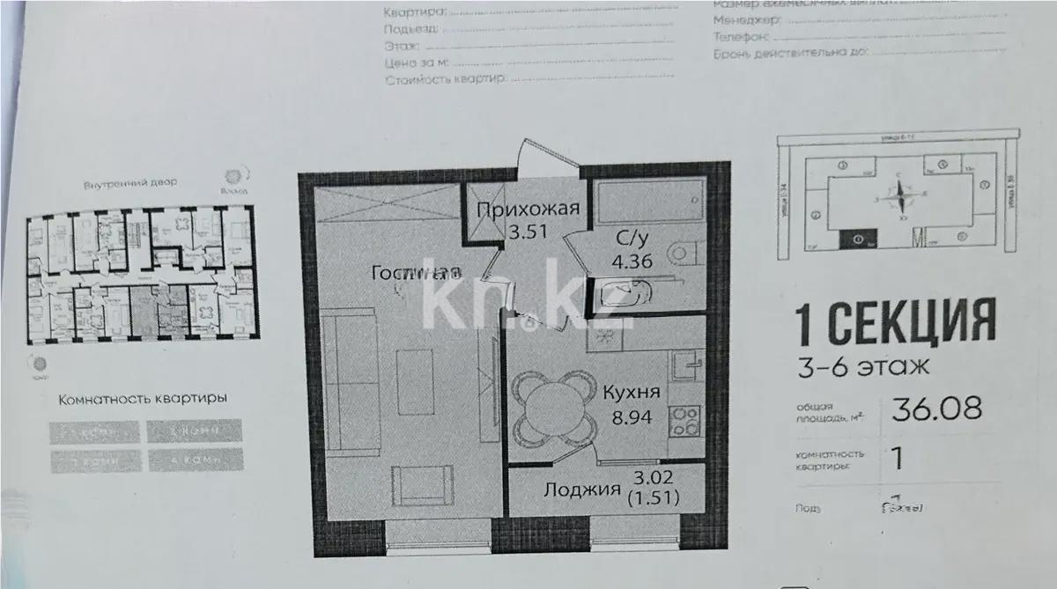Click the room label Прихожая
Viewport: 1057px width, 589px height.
coord(528,209)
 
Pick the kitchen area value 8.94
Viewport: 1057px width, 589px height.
coord(632,416)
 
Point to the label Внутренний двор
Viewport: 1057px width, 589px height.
coord(130,183)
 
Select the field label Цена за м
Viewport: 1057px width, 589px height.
coord(417,63)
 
